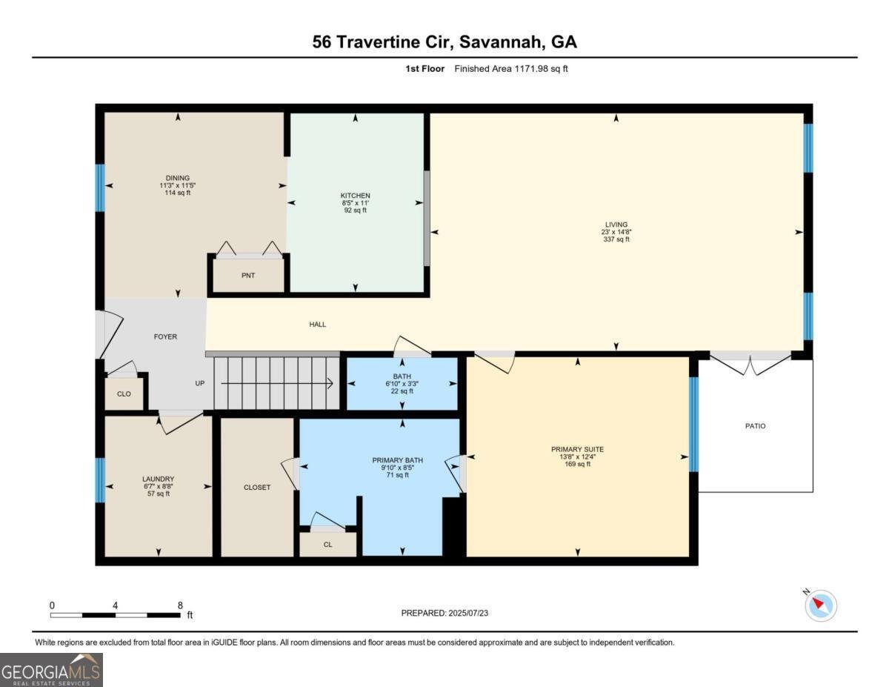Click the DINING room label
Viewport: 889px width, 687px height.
pos(178,178)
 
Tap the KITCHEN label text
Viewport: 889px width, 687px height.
pos(356,196)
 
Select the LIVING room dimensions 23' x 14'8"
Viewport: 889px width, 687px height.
pos(616,232)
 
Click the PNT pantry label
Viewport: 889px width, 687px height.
pos(248,276)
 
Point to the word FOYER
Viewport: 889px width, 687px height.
pos(165,336)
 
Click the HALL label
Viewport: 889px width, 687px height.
pos(317,325)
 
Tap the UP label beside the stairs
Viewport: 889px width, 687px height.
pos(200,383)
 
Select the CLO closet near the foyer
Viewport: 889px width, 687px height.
pos(124,394)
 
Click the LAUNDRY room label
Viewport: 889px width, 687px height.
pos(158,479)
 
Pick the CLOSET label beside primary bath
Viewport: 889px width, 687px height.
pos(257,488)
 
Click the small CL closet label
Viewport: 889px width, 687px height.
pos(328,545)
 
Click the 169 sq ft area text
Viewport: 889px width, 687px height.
pos(577,465)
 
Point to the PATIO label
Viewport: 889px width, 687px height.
pos(755,426)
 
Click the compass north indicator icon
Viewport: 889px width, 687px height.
pos(820,605)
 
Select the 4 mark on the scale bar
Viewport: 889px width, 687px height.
pos(115,605)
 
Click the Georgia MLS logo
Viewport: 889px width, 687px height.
pos(52,669)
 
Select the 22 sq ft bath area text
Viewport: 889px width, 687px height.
pos(402,391)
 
